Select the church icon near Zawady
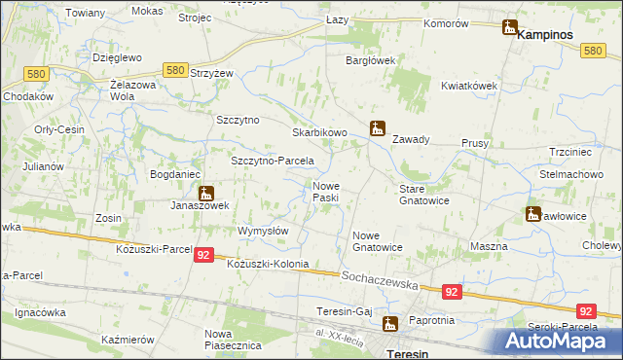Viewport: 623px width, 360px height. [x=378, y=127]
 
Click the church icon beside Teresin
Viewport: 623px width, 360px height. [x=390, y=324]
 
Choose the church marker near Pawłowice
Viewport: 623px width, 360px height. [x=533, y=214]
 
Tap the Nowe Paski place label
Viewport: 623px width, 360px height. [x=325, y=192]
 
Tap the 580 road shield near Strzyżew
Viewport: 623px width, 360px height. [x=175, y=70]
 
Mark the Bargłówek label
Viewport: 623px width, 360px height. [x=371, y=60]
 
